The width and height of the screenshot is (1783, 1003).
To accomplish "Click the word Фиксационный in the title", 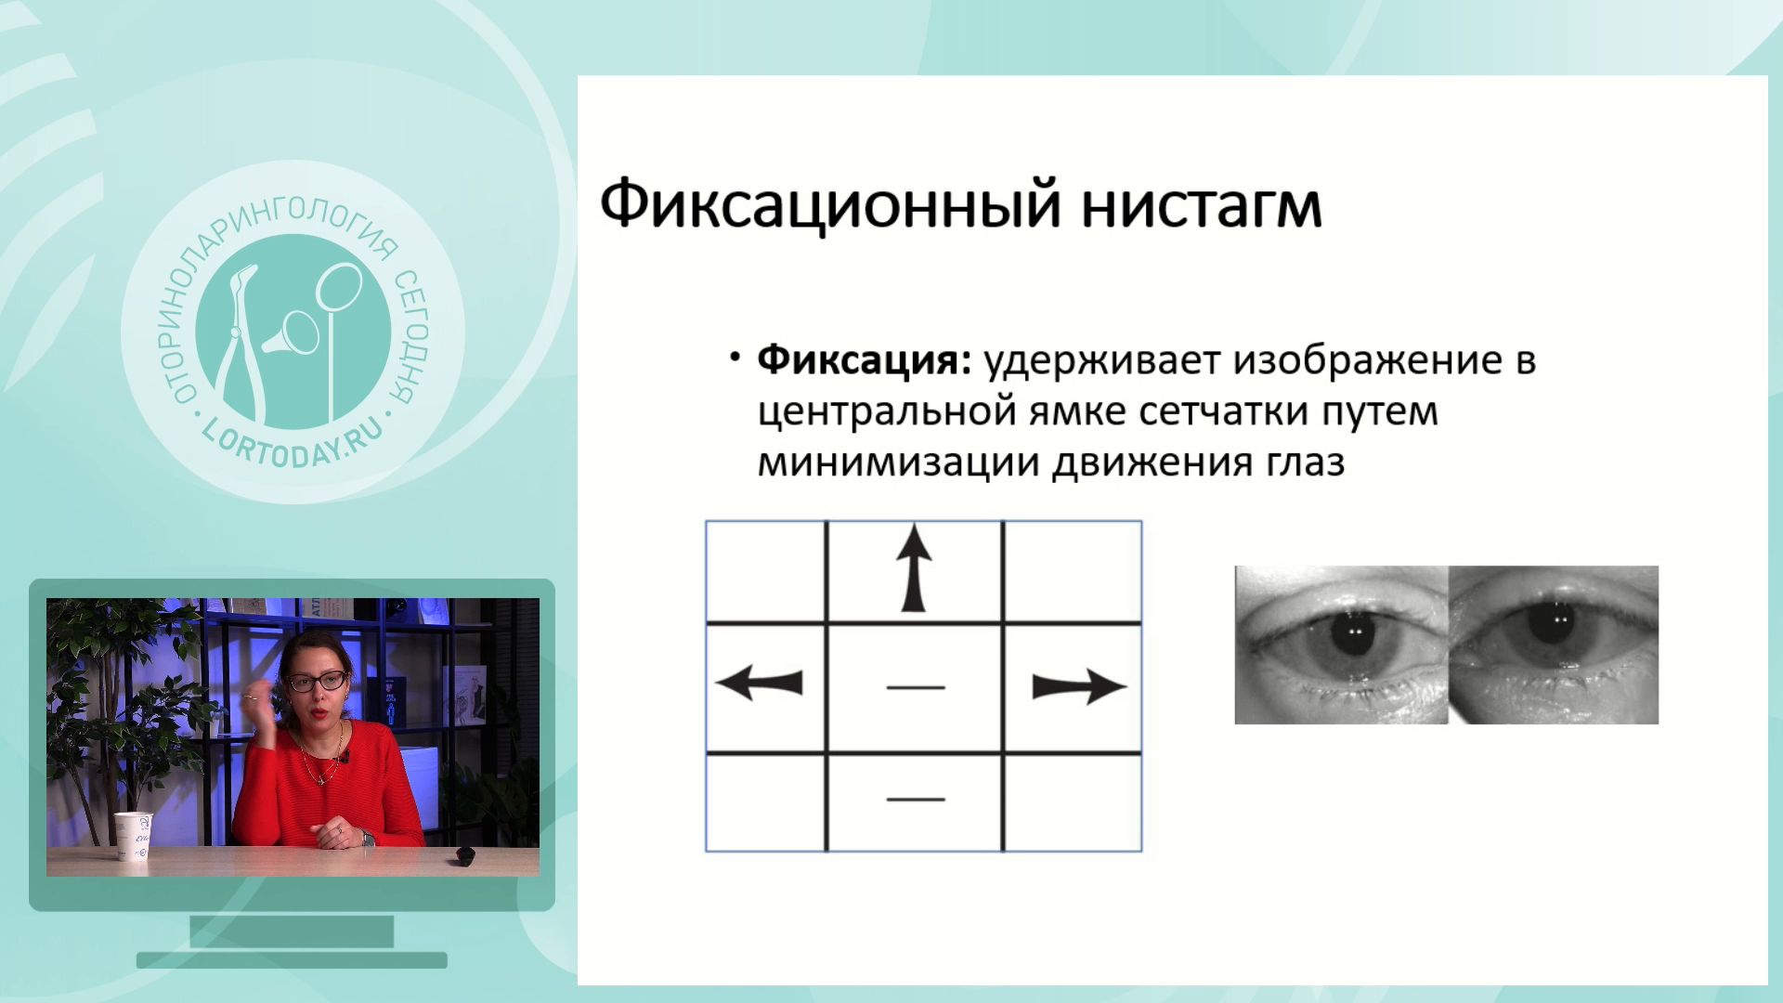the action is [x=830, y=205].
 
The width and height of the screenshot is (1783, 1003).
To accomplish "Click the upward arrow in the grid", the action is [x=914, y=567].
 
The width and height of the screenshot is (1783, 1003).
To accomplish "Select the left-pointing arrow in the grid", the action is [x=760, y=684].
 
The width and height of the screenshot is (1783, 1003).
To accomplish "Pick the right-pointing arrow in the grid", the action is [x=1079, y=687].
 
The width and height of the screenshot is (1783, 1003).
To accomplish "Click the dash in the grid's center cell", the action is [x=916, y=687].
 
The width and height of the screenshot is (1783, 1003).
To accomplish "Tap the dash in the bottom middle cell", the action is [x=916, y=798].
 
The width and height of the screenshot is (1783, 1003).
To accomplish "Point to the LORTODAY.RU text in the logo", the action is [x=291, y=445].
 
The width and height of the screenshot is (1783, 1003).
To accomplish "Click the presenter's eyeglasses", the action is [x=318, y=681].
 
